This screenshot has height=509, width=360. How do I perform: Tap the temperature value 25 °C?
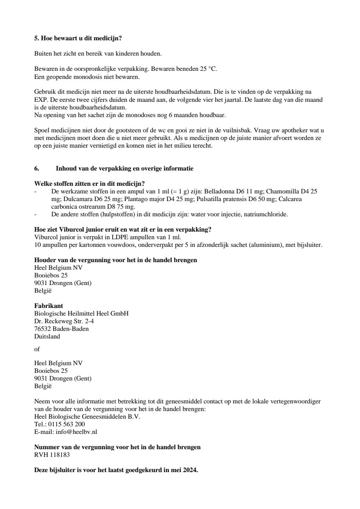(x=208, y=69)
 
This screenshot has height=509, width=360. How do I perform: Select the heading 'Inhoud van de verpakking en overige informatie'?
(x=124, y=168)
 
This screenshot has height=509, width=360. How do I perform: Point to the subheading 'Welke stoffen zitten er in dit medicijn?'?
(x=89, y=184)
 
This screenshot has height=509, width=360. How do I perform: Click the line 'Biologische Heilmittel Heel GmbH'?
(x=81, y=313)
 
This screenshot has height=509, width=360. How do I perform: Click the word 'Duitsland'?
(x=47, y=336)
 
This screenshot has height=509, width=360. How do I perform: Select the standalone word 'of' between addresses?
(x=37, y=350)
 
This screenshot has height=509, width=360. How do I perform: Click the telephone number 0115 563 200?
(x=65, y=424)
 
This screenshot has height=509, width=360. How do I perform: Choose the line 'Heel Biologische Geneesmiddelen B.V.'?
(x=87, y=416)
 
